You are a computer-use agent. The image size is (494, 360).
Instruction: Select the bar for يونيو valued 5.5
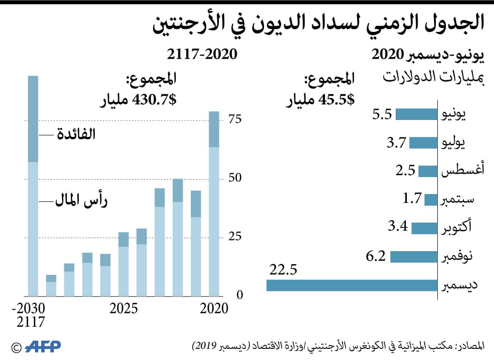coord(417,114)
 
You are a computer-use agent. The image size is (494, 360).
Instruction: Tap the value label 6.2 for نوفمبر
coord(376,255)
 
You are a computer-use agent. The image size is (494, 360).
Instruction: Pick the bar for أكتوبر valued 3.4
coord(424,228)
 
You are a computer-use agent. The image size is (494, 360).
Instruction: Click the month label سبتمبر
coord(460,199)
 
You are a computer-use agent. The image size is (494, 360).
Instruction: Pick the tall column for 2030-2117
coord(32,194)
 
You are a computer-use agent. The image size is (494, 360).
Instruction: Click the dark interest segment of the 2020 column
coord(214,129)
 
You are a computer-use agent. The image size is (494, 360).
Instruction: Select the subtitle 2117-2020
coord(202,53)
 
